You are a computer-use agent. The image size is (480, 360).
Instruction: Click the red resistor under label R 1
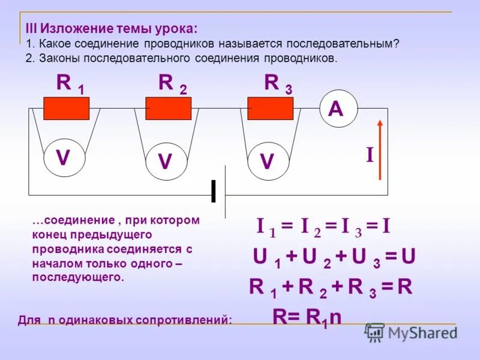tap(67, 109)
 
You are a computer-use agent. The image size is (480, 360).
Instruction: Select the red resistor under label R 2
tap(169, 109)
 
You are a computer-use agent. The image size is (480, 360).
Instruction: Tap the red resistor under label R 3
tap(271, 109)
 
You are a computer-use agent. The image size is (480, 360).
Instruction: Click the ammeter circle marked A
tap(338, 109)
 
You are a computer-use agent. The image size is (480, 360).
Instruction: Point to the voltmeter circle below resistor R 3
tap(268, 161)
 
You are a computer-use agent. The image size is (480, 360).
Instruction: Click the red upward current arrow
tap(380, 149)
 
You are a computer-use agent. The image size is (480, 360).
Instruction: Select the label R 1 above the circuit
tap(70, 84)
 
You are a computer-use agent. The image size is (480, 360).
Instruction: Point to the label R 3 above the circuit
tap(278, 84)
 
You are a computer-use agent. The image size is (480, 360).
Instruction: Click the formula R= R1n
tap(307, 317)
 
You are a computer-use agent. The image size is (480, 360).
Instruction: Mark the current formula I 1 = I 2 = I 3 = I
tap(323, 227)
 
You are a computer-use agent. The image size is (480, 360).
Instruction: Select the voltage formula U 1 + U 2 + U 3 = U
tap(334, 257)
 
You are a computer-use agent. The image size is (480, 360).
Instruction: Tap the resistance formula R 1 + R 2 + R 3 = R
tap(331, 287)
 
